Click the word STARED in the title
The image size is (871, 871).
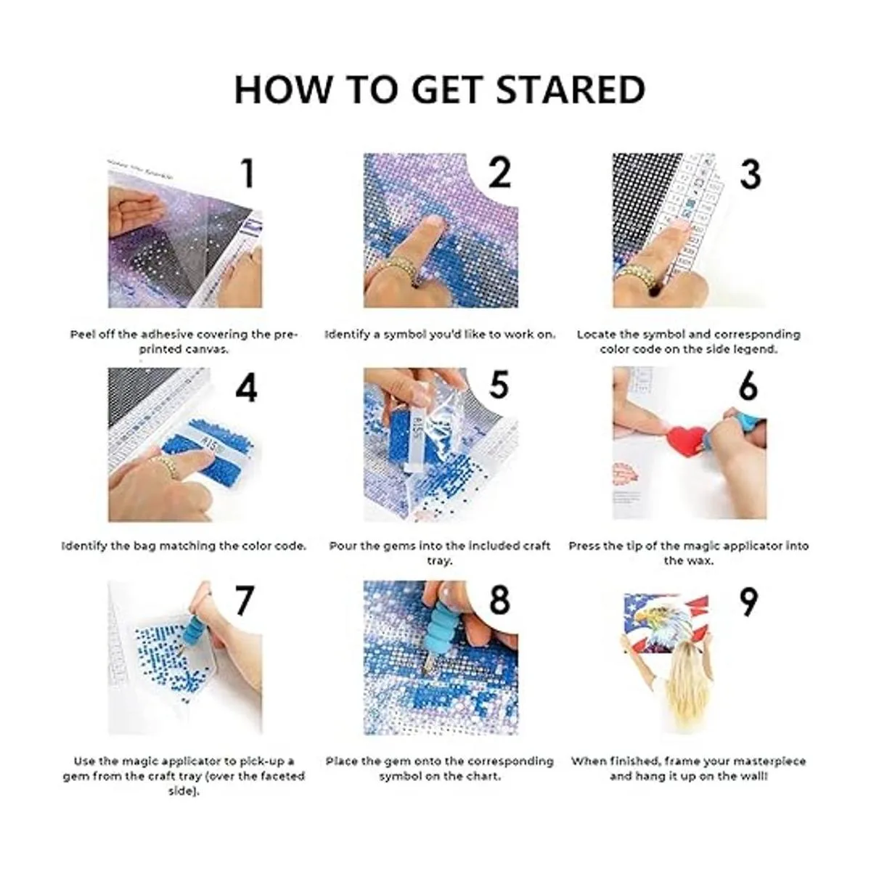click(x=571, y=89)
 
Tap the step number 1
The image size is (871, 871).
click(x=247, y=173)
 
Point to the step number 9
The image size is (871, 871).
click(x=749, y=602)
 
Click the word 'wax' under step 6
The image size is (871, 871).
click(x=703, y=561)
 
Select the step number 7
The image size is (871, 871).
click(x=244, y=600)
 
